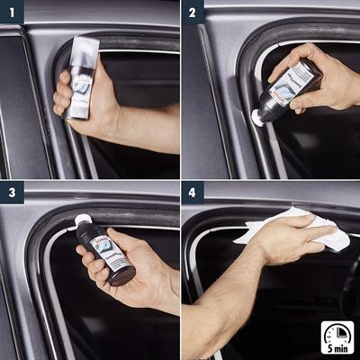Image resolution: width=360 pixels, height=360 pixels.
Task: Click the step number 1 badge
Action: pos(12,12)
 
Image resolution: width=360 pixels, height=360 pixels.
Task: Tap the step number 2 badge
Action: pos(193,12)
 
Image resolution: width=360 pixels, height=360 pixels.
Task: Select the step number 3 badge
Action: pos(12,193)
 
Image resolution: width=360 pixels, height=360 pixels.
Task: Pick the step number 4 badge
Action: pos(193,193)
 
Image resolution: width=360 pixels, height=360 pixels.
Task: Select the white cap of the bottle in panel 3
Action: pos(83,220)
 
